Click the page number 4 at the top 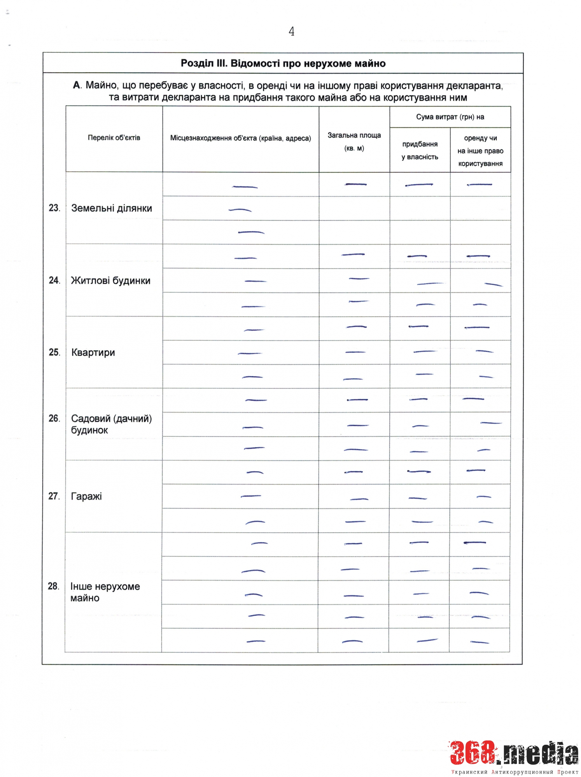(x=291, y=31)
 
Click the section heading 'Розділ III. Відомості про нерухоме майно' (x=283, y=63)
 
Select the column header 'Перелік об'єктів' (x=114, y=138)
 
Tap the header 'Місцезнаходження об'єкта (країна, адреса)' (x=240, y=138)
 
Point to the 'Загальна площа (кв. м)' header (x=354, y=141)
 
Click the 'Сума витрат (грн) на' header (x=450, y=117)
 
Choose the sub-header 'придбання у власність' (x=420, y=150)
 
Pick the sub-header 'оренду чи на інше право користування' (x=480, y=151)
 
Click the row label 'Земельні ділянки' (x=112, y=208)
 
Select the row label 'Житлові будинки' (x=110, y=280)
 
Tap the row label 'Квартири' (x=93, y=352)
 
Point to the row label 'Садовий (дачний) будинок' (x=111, y=424)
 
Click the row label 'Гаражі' (x=86, y=496)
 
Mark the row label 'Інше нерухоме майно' (x=105, y=592)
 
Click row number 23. (x=54, y=208)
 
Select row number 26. (x=54, y=418)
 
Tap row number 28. (x=54, y=586)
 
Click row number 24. (x=54, y=280)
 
